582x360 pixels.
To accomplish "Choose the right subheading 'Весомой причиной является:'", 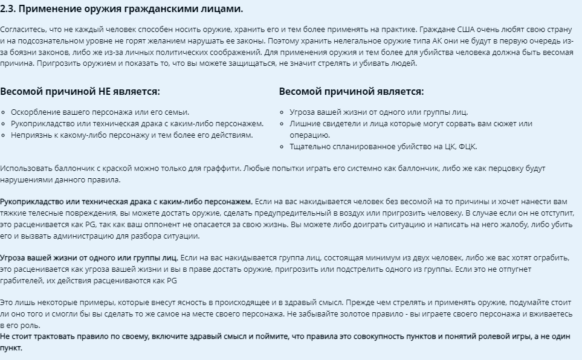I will pyautogui.click(x=351, y=92).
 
